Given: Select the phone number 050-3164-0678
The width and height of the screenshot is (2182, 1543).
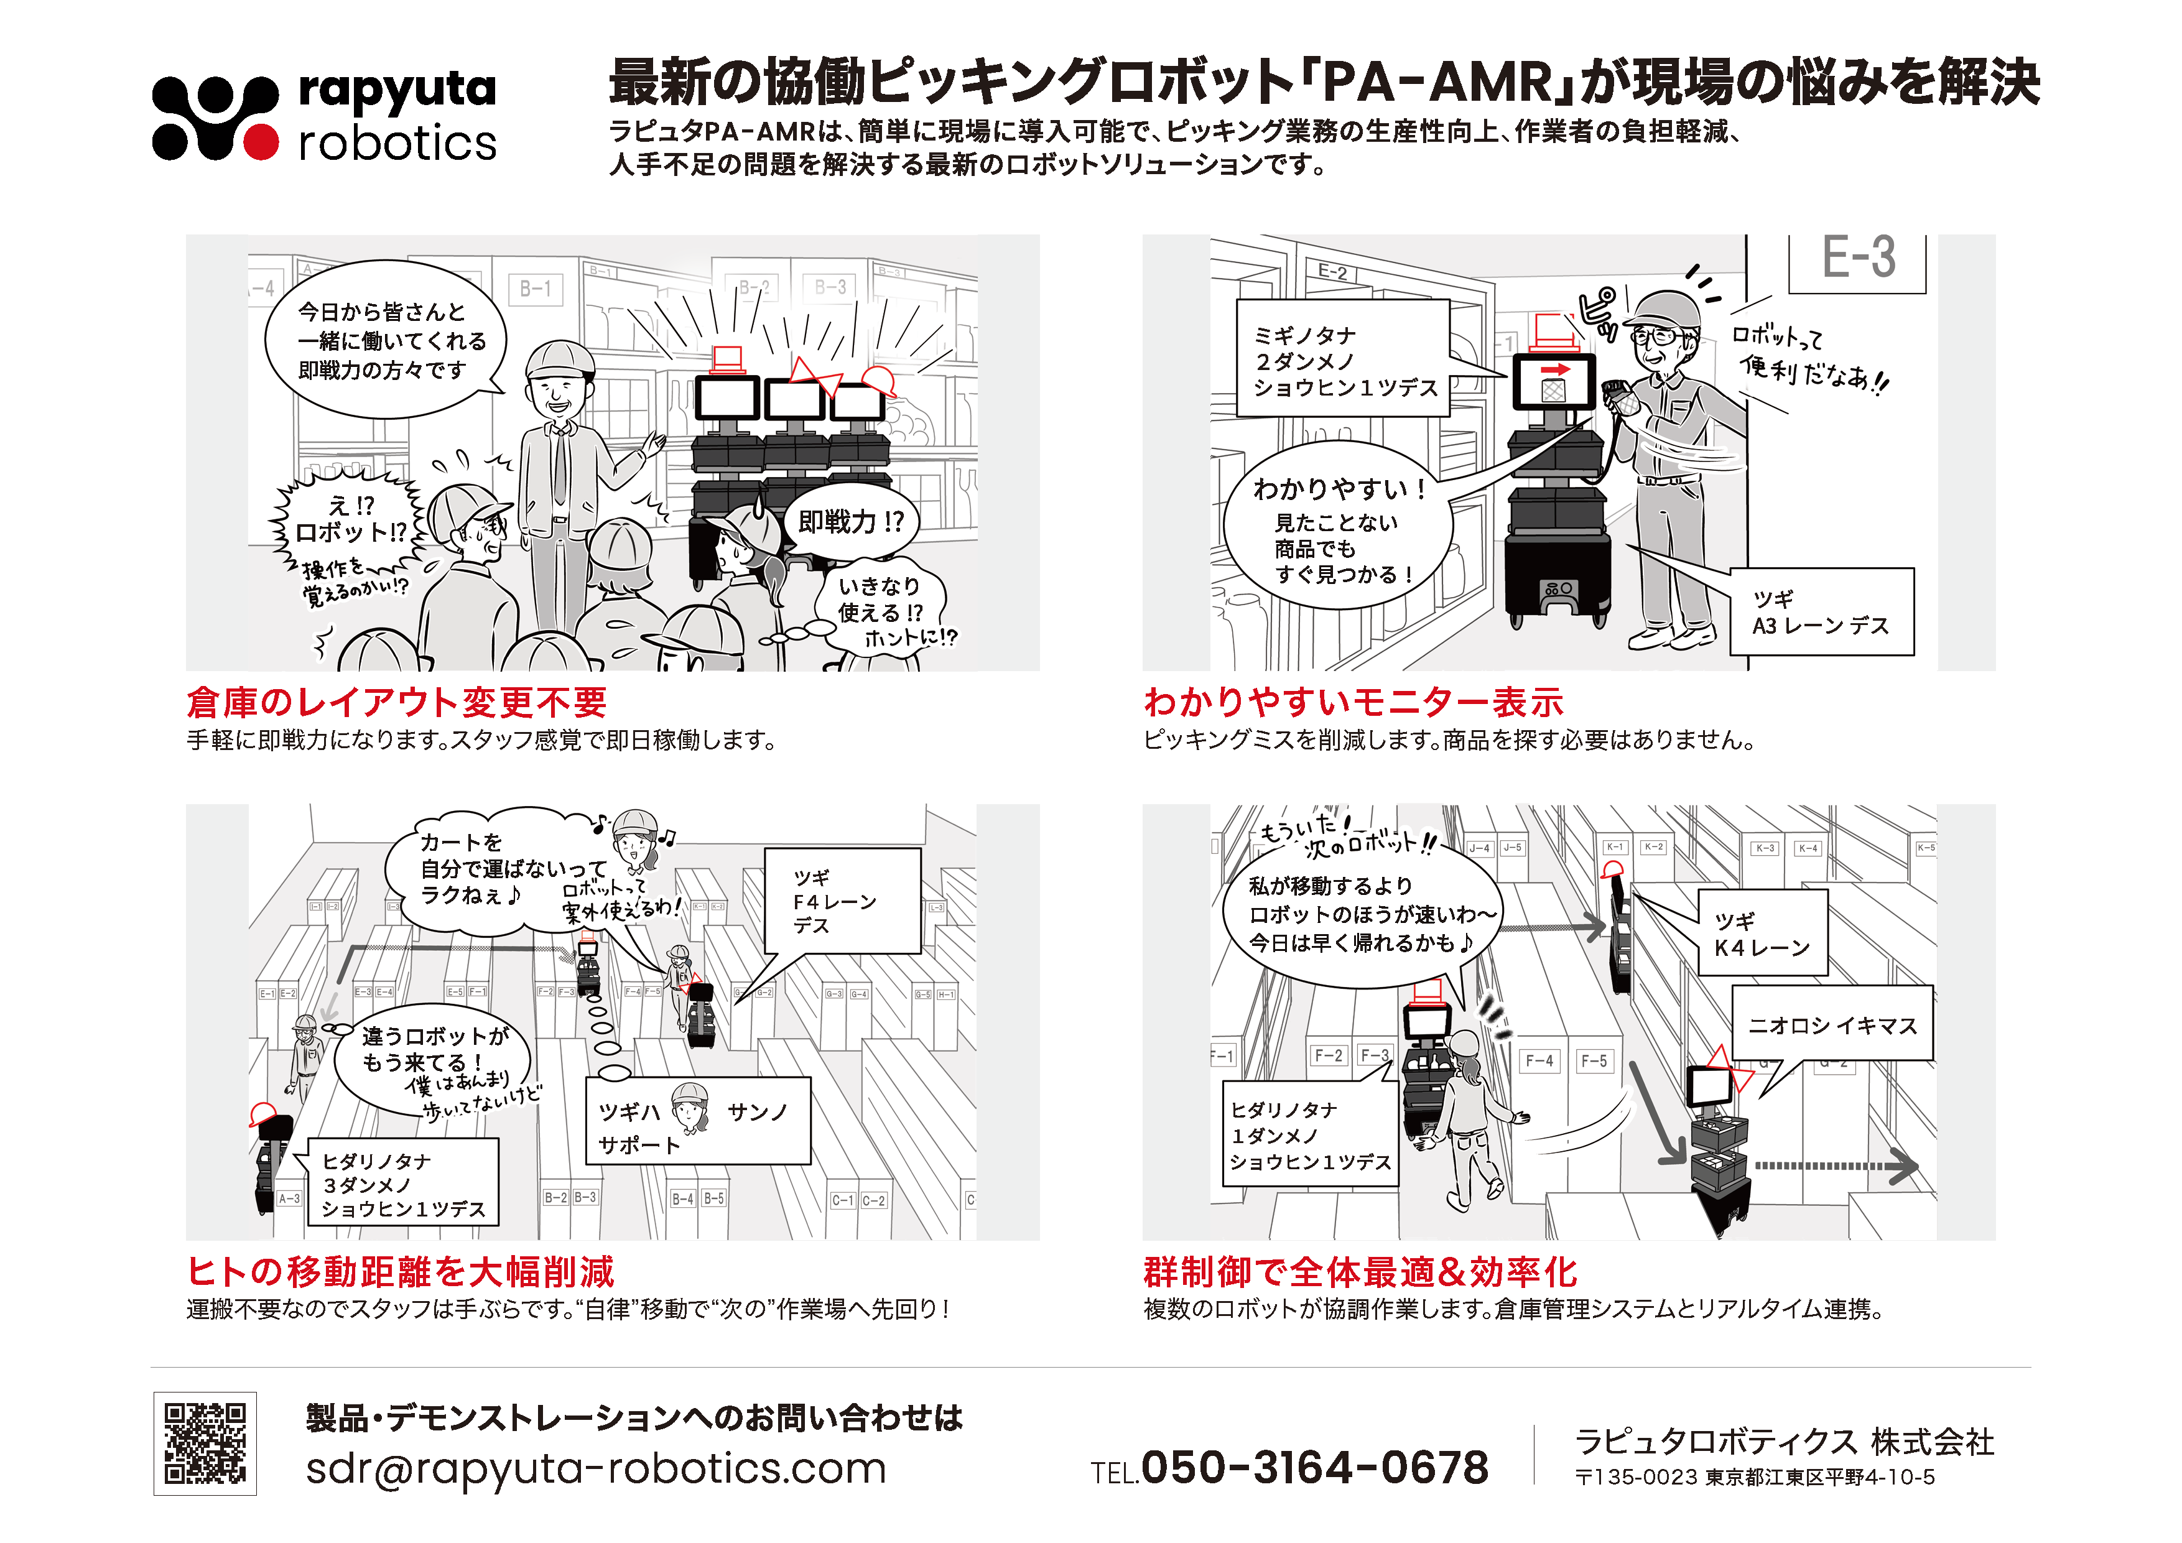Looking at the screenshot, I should point(1314,1468).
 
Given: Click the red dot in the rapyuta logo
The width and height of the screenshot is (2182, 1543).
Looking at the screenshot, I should point(261,142).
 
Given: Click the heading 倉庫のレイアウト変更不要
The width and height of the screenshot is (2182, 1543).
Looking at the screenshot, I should point(396,703).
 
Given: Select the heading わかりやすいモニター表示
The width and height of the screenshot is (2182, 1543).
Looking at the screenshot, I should point(1353,703).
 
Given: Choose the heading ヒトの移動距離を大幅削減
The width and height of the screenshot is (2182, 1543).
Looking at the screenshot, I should point(400,1271).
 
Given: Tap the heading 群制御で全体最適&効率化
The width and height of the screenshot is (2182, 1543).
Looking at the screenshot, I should point(1360,1271).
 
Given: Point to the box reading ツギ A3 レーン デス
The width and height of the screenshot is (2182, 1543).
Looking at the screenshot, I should point(1821,612).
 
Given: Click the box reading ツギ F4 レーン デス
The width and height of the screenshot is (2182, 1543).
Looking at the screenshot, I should point(842,901).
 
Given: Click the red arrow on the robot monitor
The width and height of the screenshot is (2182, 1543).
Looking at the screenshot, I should point(1555,369).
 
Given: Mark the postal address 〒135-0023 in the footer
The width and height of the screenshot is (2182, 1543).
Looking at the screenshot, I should point(1754,1478).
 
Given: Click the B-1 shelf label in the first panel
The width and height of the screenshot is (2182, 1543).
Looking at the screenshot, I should point(535,289).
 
